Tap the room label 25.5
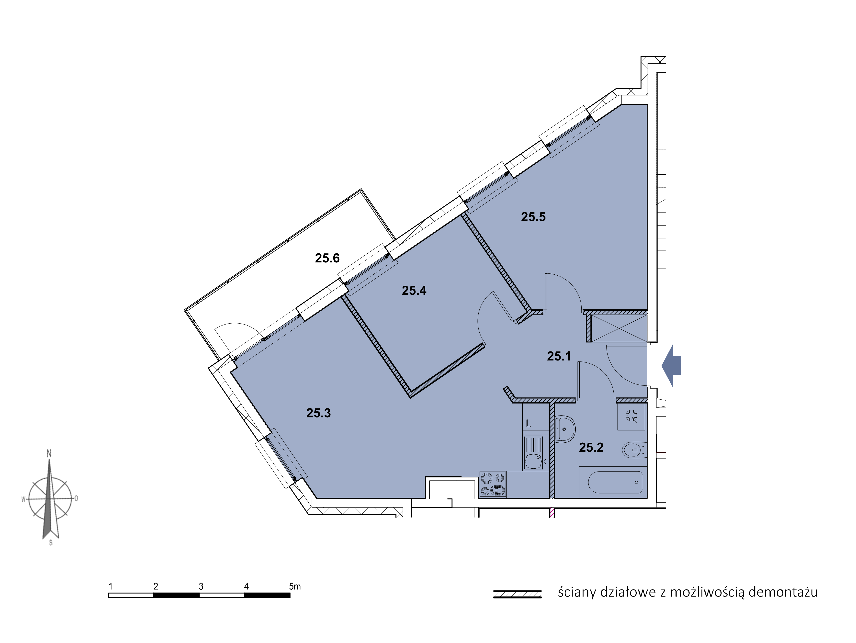tap(533, 217)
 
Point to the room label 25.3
tap(318, 413)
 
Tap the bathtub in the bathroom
tap(615, 482)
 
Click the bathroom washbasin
tap(565, 429)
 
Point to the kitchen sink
tap(533, 453)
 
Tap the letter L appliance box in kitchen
tap(536, 417)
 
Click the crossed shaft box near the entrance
tap(619, 328)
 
